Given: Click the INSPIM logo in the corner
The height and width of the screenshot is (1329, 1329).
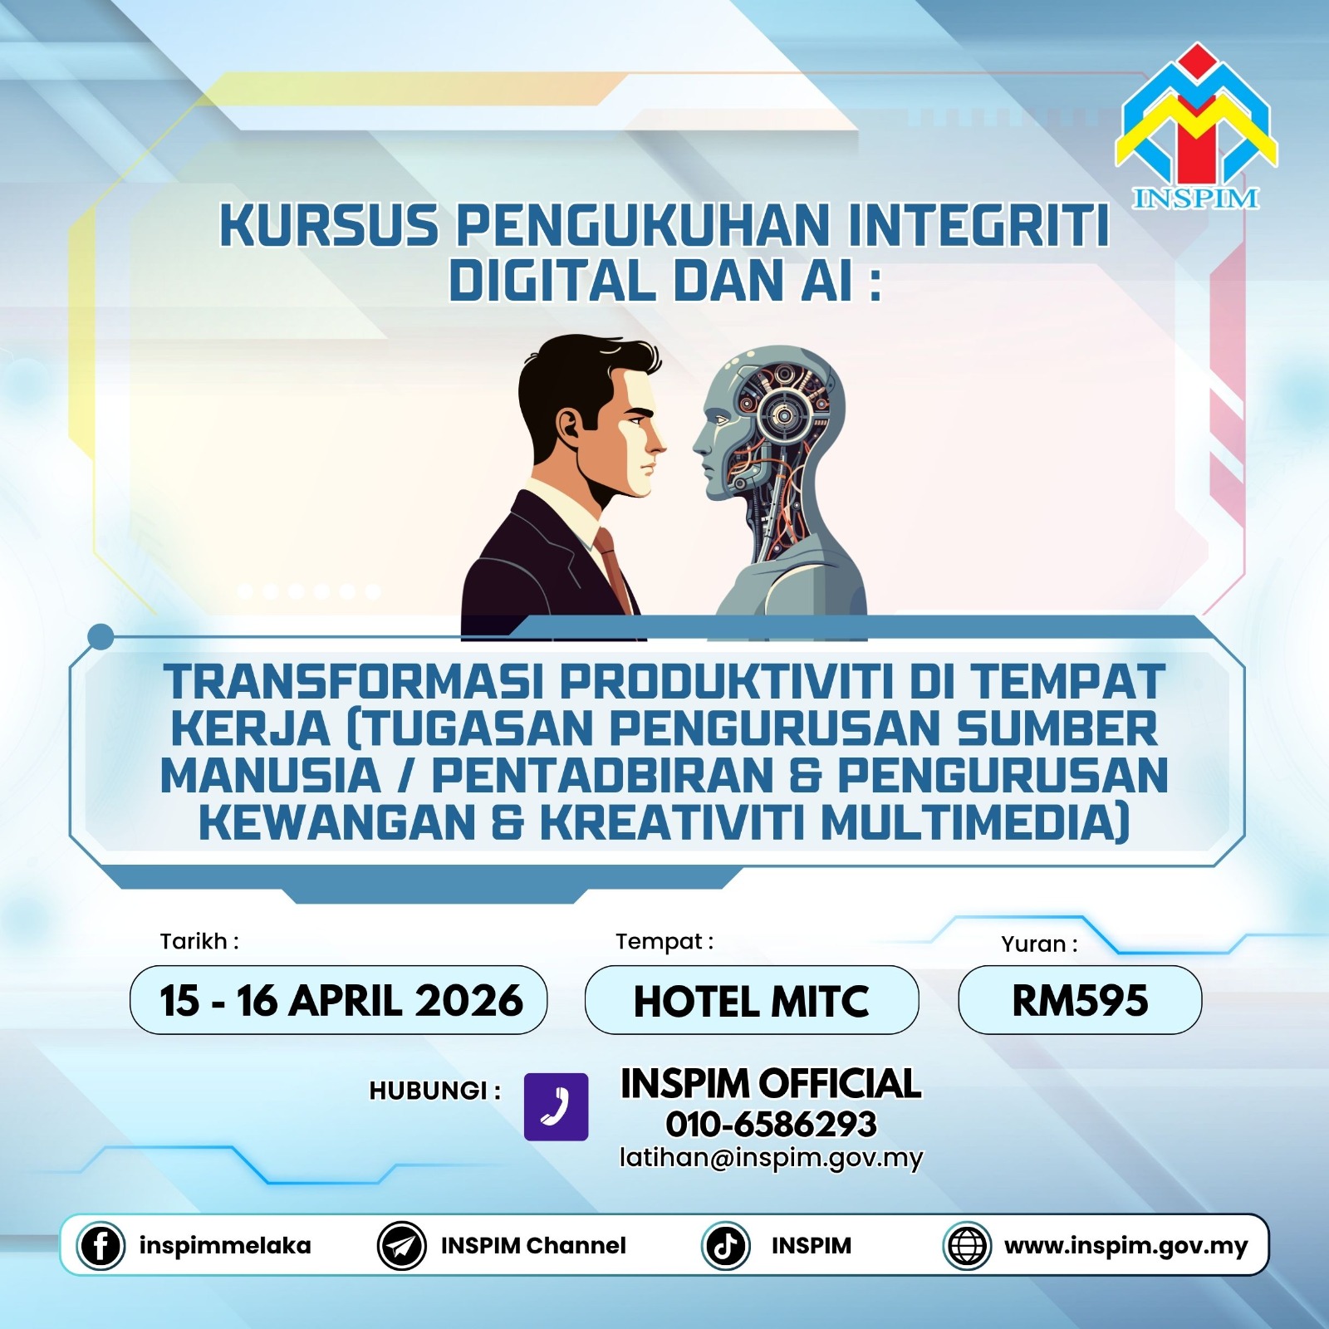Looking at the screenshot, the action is [1196, 126].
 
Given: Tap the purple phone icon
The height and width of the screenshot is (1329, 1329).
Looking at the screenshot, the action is [556, 1106].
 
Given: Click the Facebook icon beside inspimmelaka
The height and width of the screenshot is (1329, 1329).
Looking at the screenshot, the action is [101, 1246].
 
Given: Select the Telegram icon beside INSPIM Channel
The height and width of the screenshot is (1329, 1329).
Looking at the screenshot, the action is [402, 1246].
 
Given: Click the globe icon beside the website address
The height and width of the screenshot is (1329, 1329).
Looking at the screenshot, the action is [967, 1246].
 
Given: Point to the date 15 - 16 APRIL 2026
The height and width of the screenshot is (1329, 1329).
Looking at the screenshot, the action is [341, 1000].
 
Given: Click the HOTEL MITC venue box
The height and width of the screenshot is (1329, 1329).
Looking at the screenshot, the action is [752, 1000].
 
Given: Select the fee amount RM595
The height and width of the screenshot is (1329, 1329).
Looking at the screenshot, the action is [1080, 1000].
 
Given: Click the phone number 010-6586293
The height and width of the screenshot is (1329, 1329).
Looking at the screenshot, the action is [771, 1125].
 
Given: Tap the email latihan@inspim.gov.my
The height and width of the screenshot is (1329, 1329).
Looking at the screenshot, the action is [771, 1158].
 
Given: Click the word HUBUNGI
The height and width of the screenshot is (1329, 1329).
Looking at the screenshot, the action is [429, 1091].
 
